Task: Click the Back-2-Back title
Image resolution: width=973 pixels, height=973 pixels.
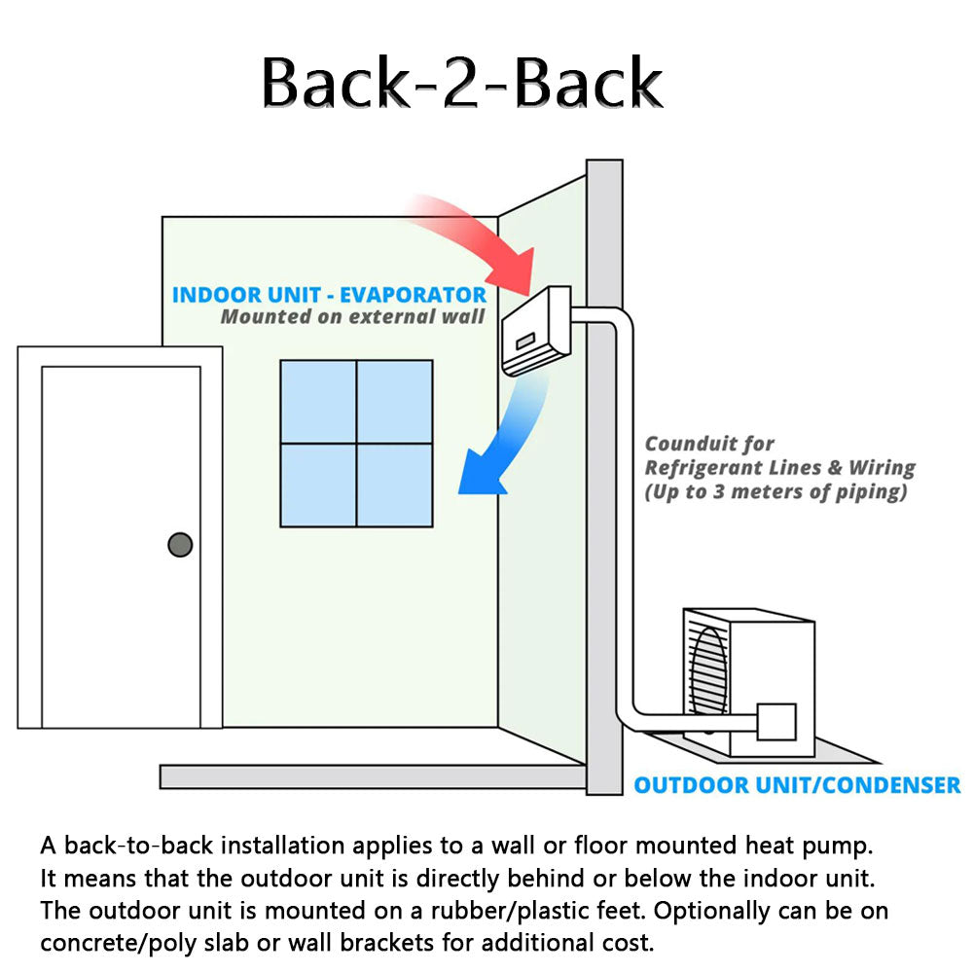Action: pyautogui.click(x=462, y=82)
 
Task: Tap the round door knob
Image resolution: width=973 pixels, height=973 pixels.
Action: pyautogui.click(x=180, y=545)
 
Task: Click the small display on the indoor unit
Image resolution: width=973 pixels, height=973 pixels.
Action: pyautogui.click(x=526, y=342)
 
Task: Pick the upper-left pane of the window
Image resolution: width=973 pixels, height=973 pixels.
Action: pyautogui.click(x=318, y=401)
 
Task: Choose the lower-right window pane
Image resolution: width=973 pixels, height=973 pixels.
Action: pyautogui.click(x=394, y=485)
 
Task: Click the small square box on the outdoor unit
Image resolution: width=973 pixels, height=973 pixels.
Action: pyautogui.click(x=776, y=722)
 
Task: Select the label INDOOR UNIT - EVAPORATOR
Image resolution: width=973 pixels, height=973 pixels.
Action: pyautogui.click(x=329, y=295)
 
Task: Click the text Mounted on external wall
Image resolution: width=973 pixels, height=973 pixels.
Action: pyautogui.click(x=352, y=317)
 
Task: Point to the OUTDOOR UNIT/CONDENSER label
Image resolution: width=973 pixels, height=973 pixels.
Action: pyautogui.click(x=797, y=785)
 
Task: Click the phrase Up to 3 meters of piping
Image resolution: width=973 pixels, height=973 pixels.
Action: pyautogui.click(x=775, y=492)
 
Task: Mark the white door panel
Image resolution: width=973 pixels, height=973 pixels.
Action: pyautogui.click(x=121, y=545)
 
